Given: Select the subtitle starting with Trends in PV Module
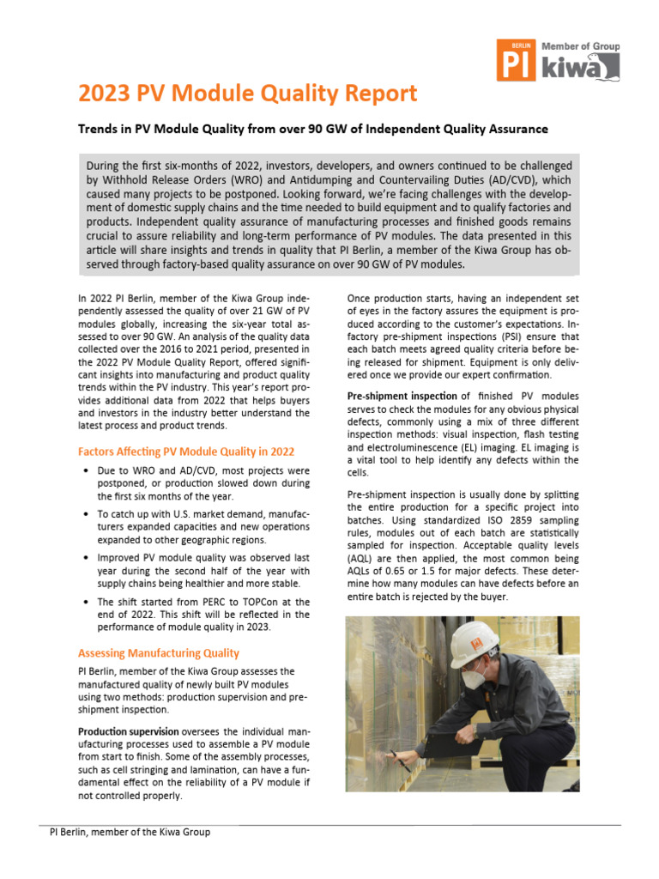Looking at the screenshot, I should pyautogui.click(x=312, y=129).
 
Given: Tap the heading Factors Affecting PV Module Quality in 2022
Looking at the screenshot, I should pyautogui.click(x=186, y=452).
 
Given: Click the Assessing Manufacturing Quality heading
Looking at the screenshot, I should pyautogui.click(x=159, y=652).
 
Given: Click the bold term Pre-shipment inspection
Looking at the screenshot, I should pyautogui.click(x=401, y=397).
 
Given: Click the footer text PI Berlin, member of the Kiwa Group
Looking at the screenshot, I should pyautogui.click(x=130, y=832).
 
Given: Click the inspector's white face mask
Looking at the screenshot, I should pyautogui.click(x=475, y=677).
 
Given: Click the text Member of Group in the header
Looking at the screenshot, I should pyautogui.click(x=580, y=46).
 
